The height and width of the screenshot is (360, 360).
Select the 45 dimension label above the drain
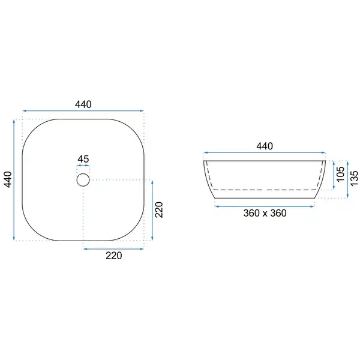point(83,159)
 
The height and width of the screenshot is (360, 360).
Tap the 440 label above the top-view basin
point(83,104)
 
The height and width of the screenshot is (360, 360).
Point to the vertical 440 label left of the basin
point(8,179)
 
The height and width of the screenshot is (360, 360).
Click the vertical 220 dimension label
point(159,209)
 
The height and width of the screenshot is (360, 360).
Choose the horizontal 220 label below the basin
point(113,256)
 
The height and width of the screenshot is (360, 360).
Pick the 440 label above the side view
point(265,146)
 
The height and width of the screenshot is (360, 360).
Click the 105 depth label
point(341,174)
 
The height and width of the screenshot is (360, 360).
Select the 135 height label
point(355,178)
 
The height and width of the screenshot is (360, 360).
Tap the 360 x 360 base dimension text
point(265,213)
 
